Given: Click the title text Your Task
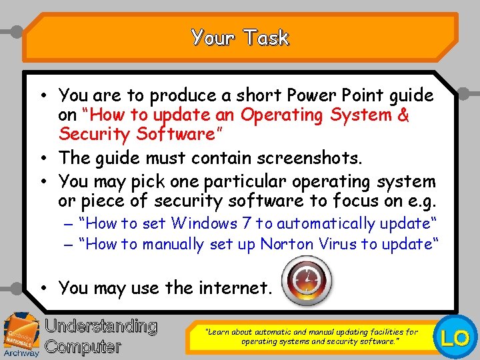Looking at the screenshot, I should coord(240,37).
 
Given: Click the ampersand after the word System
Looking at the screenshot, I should coord(403,115).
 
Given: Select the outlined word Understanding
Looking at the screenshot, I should coord(101,327).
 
